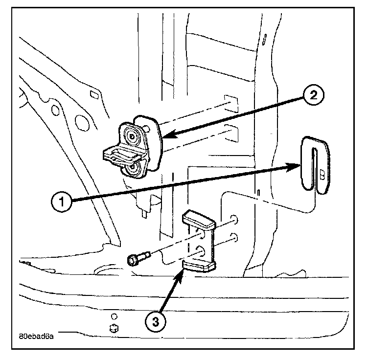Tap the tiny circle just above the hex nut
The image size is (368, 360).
tap(114, 315)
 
